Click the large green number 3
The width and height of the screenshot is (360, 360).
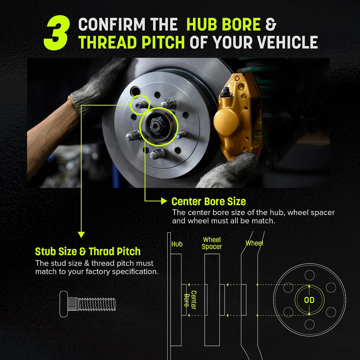pos(57,33)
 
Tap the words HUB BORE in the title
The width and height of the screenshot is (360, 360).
pos(224,24)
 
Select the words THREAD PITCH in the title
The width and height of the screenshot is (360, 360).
pos(131,42)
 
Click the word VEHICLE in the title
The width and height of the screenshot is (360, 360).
pos(288,42)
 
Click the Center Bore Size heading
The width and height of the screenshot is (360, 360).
pos(208,201)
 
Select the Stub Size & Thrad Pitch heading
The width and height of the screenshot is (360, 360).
pos(88,251)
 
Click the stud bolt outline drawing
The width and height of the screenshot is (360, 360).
pos(88,304)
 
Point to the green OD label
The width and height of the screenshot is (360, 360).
pos(309,300)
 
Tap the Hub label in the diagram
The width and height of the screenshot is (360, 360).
pos(177,244)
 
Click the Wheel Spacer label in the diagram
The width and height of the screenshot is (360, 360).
pos(212,243)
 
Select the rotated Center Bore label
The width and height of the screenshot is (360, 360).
pos(190,300)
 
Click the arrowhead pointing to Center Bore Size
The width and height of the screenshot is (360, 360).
pos(164,201)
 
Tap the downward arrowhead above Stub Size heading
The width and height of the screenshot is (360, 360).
pos(81,234)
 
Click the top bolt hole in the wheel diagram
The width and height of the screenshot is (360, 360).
pos(309,275)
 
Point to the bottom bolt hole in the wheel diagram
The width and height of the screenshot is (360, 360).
pos(309,324)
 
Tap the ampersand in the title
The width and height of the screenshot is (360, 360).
pos(271,24)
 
